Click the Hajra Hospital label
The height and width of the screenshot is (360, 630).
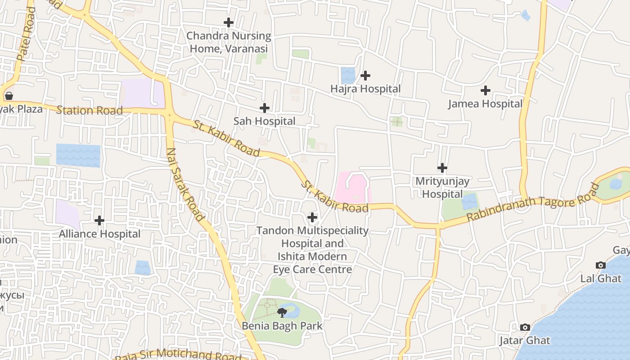point(365,89)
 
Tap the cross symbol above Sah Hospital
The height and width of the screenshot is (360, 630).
point(265,108)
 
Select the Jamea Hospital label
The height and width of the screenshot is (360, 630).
point(485,104)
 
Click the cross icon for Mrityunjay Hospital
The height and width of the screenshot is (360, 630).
point(442,168)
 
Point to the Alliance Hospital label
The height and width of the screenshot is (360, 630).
point(99,234)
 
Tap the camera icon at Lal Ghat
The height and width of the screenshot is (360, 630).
point(600,265)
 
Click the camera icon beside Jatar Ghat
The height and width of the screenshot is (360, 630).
point(525,327)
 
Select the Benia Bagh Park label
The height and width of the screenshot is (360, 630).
point(282,326)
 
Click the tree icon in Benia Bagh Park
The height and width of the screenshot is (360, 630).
point(282,312)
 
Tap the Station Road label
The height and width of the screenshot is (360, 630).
point(89,110)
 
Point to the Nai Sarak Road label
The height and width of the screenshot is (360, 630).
point(185,184)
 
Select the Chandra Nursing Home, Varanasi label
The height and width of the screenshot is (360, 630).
point(229,42)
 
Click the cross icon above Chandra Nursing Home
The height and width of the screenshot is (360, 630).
point(229,22)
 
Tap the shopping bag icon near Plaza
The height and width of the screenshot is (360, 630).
point(9,95)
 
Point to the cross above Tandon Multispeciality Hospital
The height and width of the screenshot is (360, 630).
point(312,218)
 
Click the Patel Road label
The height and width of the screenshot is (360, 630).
point(26,34)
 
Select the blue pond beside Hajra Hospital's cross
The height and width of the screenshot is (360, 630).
point(348,76)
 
